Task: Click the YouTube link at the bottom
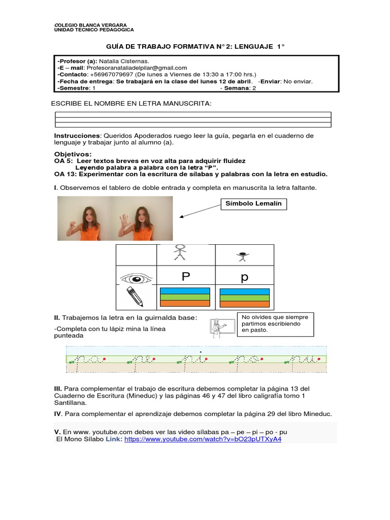click(203, 439)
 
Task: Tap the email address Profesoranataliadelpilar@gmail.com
click(137, 68)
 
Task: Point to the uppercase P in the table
click(185, 277)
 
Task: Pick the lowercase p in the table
click(244, 278)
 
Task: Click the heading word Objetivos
click(73, 154)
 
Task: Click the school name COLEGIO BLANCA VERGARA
click(90, 25)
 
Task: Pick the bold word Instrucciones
click(77, 136)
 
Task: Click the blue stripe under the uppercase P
click(185, 291)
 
